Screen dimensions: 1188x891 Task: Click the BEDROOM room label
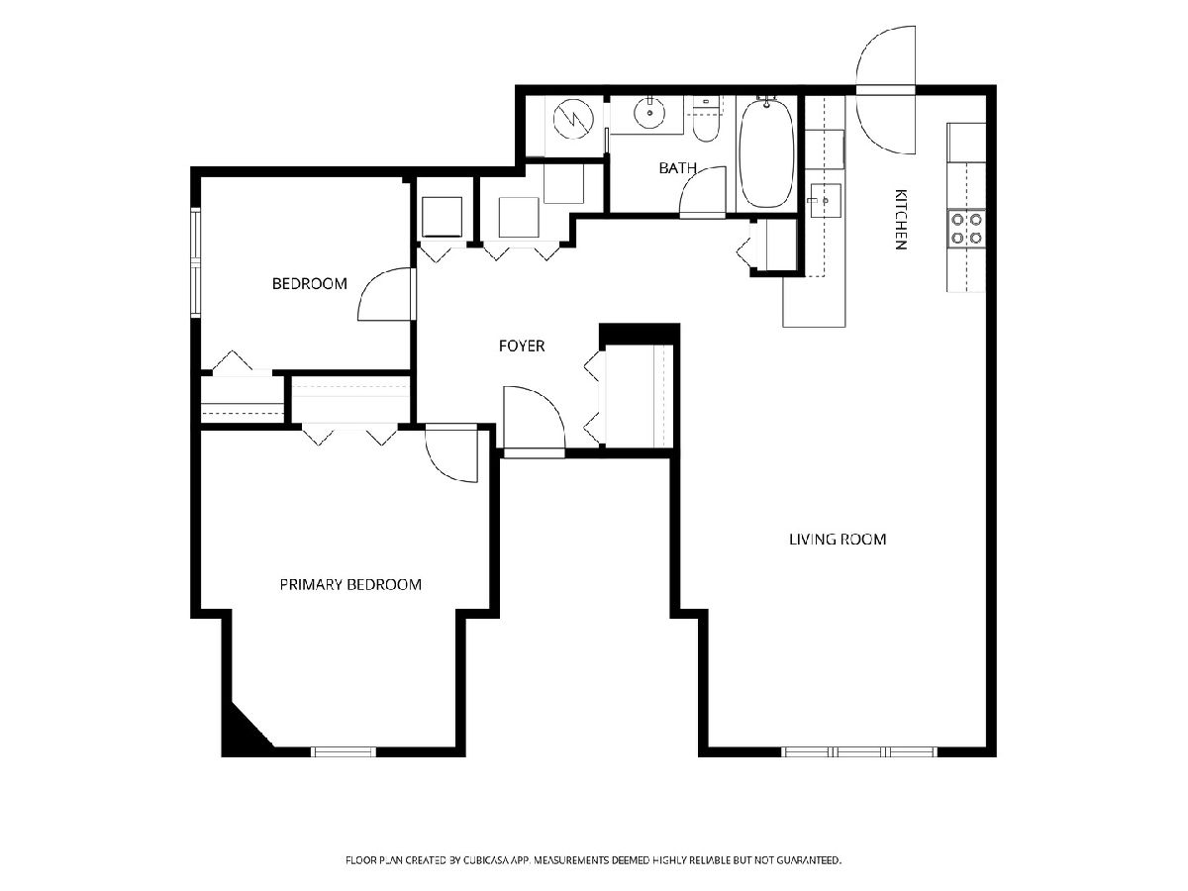pyautogui.click(x=309, y=283)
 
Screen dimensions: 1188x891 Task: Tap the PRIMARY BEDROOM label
pyautogui.click(x=350, y=584)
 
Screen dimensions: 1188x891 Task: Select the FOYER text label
pyautogui.click(x=521, y=346)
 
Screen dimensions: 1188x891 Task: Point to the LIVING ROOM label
pyautogui.click(x=838, y=539)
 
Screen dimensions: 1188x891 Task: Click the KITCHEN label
pyautogui.click(x=900, y=220)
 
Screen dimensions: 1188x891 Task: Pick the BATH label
pyautogui.click(x=677, y=168)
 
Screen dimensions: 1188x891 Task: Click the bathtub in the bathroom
pyautogui.click(x=766, y=153)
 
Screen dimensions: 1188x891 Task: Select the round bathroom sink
pyautogui.click(x=649, y=114)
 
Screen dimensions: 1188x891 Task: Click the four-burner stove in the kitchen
pyautogui.click(x=966, y=229)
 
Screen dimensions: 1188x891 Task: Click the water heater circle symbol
pyautogui.click(x=573, y=118)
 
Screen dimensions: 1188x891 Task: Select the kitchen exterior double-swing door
pyautogui.click(x=885, y=90)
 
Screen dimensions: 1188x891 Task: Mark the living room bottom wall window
pyautogui.click(x=859, y=752)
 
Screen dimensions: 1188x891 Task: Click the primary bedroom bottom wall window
pyautogui.click(x=344, y=752)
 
